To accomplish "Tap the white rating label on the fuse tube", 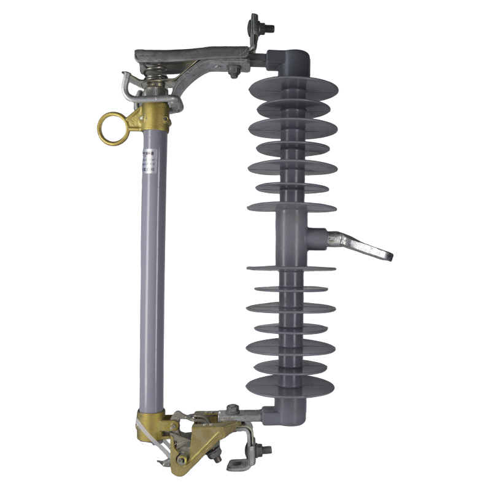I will coord(147,167).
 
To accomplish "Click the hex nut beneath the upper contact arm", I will coord(234,71).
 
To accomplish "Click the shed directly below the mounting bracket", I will coord(291,268).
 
